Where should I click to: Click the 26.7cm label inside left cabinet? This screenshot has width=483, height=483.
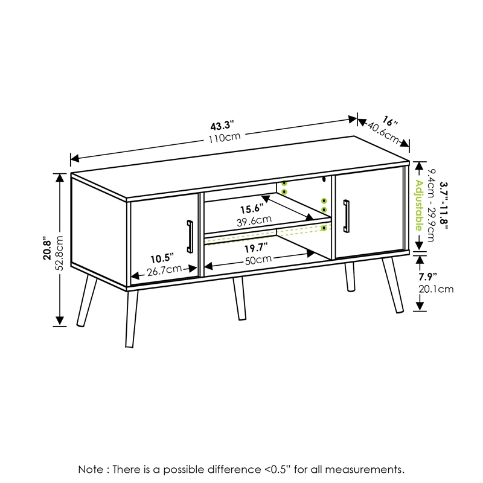tap(164, 269)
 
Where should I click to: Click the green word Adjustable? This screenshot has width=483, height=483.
tap(418, 206)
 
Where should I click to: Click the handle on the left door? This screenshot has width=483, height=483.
tap(190, 237)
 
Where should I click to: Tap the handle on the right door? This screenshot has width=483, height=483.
tap(347, 216)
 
